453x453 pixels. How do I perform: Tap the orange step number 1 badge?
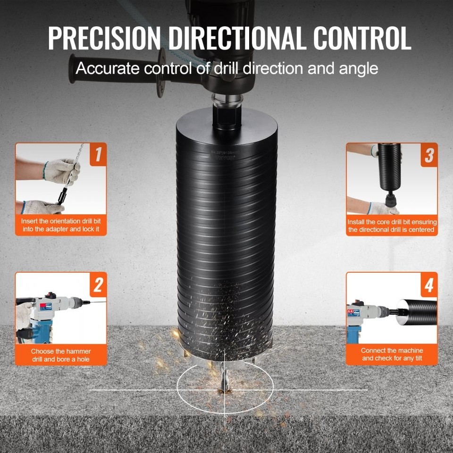(98, 155)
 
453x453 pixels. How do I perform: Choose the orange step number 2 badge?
(98, 284)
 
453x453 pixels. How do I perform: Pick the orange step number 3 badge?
(428, 155)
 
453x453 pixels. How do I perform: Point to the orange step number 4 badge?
(428, 284)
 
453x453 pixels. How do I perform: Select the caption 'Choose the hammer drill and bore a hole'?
(61, 355)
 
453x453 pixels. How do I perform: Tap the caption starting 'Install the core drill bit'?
(392, 226)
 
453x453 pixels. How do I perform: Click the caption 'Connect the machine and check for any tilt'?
(392, 354)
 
